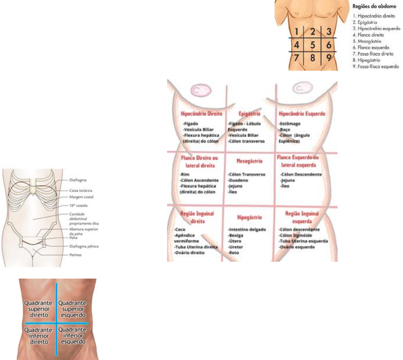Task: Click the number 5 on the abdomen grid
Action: [313, 45]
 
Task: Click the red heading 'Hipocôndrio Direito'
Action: [201, 114]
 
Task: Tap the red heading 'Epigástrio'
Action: [250, 114]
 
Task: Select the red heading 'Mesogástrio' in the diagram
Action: [250, 161]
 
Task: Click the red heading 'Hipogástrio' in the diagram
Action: [250, 217]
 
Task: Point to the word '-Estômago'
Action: [290, 124]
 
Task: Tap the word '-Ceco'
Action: [180, 229]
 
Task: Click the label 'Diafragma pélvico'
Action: [84, 246]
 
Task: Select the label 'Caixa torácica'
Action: [81, 190]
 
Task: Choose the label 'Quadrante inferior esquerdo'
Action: [73, 336]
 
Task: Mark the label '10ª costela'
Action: [79, 205]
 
